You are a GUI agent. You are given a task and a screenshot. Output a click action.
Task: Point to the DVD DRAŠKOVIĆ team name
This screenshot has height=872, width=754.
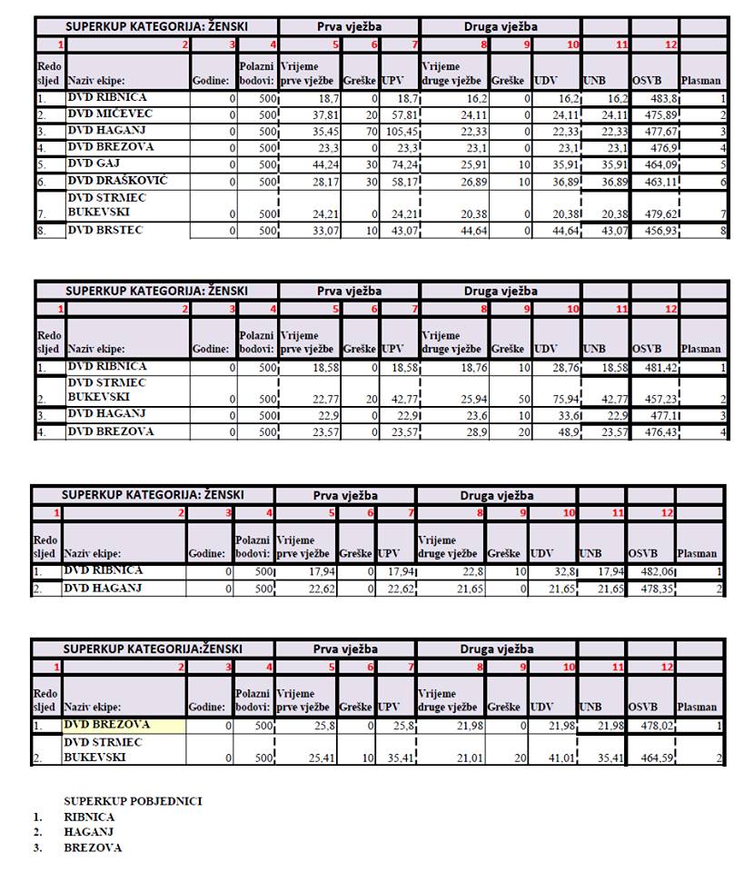click(x=117, y=181)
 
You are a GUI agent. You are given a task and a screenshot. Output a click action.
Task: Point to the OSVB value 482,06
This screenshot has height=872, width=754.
click(x=651, y=571)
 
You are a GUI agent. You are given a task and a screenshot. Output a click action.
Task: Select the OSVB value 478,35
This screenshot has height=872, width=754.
click(x=651, y=589)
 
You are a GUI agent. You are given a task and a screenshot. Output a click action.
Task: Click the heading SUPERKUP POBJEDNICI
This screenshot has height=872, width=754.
click(x=133, y=801)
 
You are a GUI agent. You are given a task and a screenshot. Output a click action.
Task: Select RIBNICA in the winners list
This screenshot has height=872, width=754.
click(x=89, y=817)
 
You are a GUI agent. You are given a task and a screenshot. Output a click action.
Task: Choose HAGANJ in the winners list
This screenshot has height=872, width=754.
click(x=88, y=832)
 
